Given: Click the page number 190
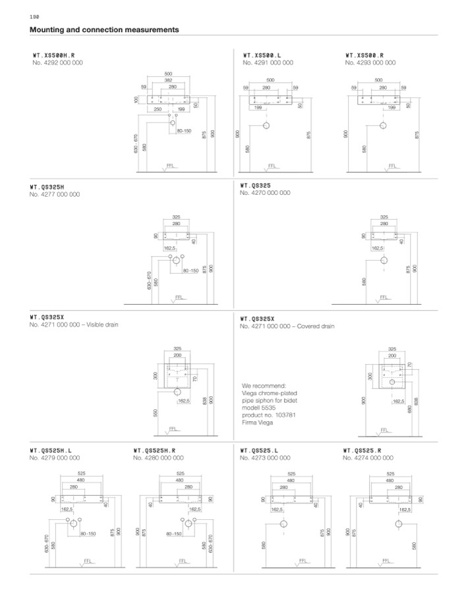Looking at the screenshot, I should tap(34, 16).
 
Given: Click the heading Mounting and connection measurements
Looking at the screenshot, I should tap(105, 30).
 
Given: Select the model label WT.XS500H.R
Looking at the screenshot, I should tap(59, 55).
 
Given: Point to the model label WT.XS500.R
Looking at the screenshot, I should tap(365, 55).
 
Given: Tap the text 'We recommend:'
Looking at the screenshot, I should tap(264, 385).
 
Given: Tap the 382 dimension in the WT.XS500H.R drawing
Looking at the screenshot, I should tap(168, 80).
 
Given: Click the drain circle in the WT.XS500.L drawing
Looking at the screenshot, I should tap(267, 125).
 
